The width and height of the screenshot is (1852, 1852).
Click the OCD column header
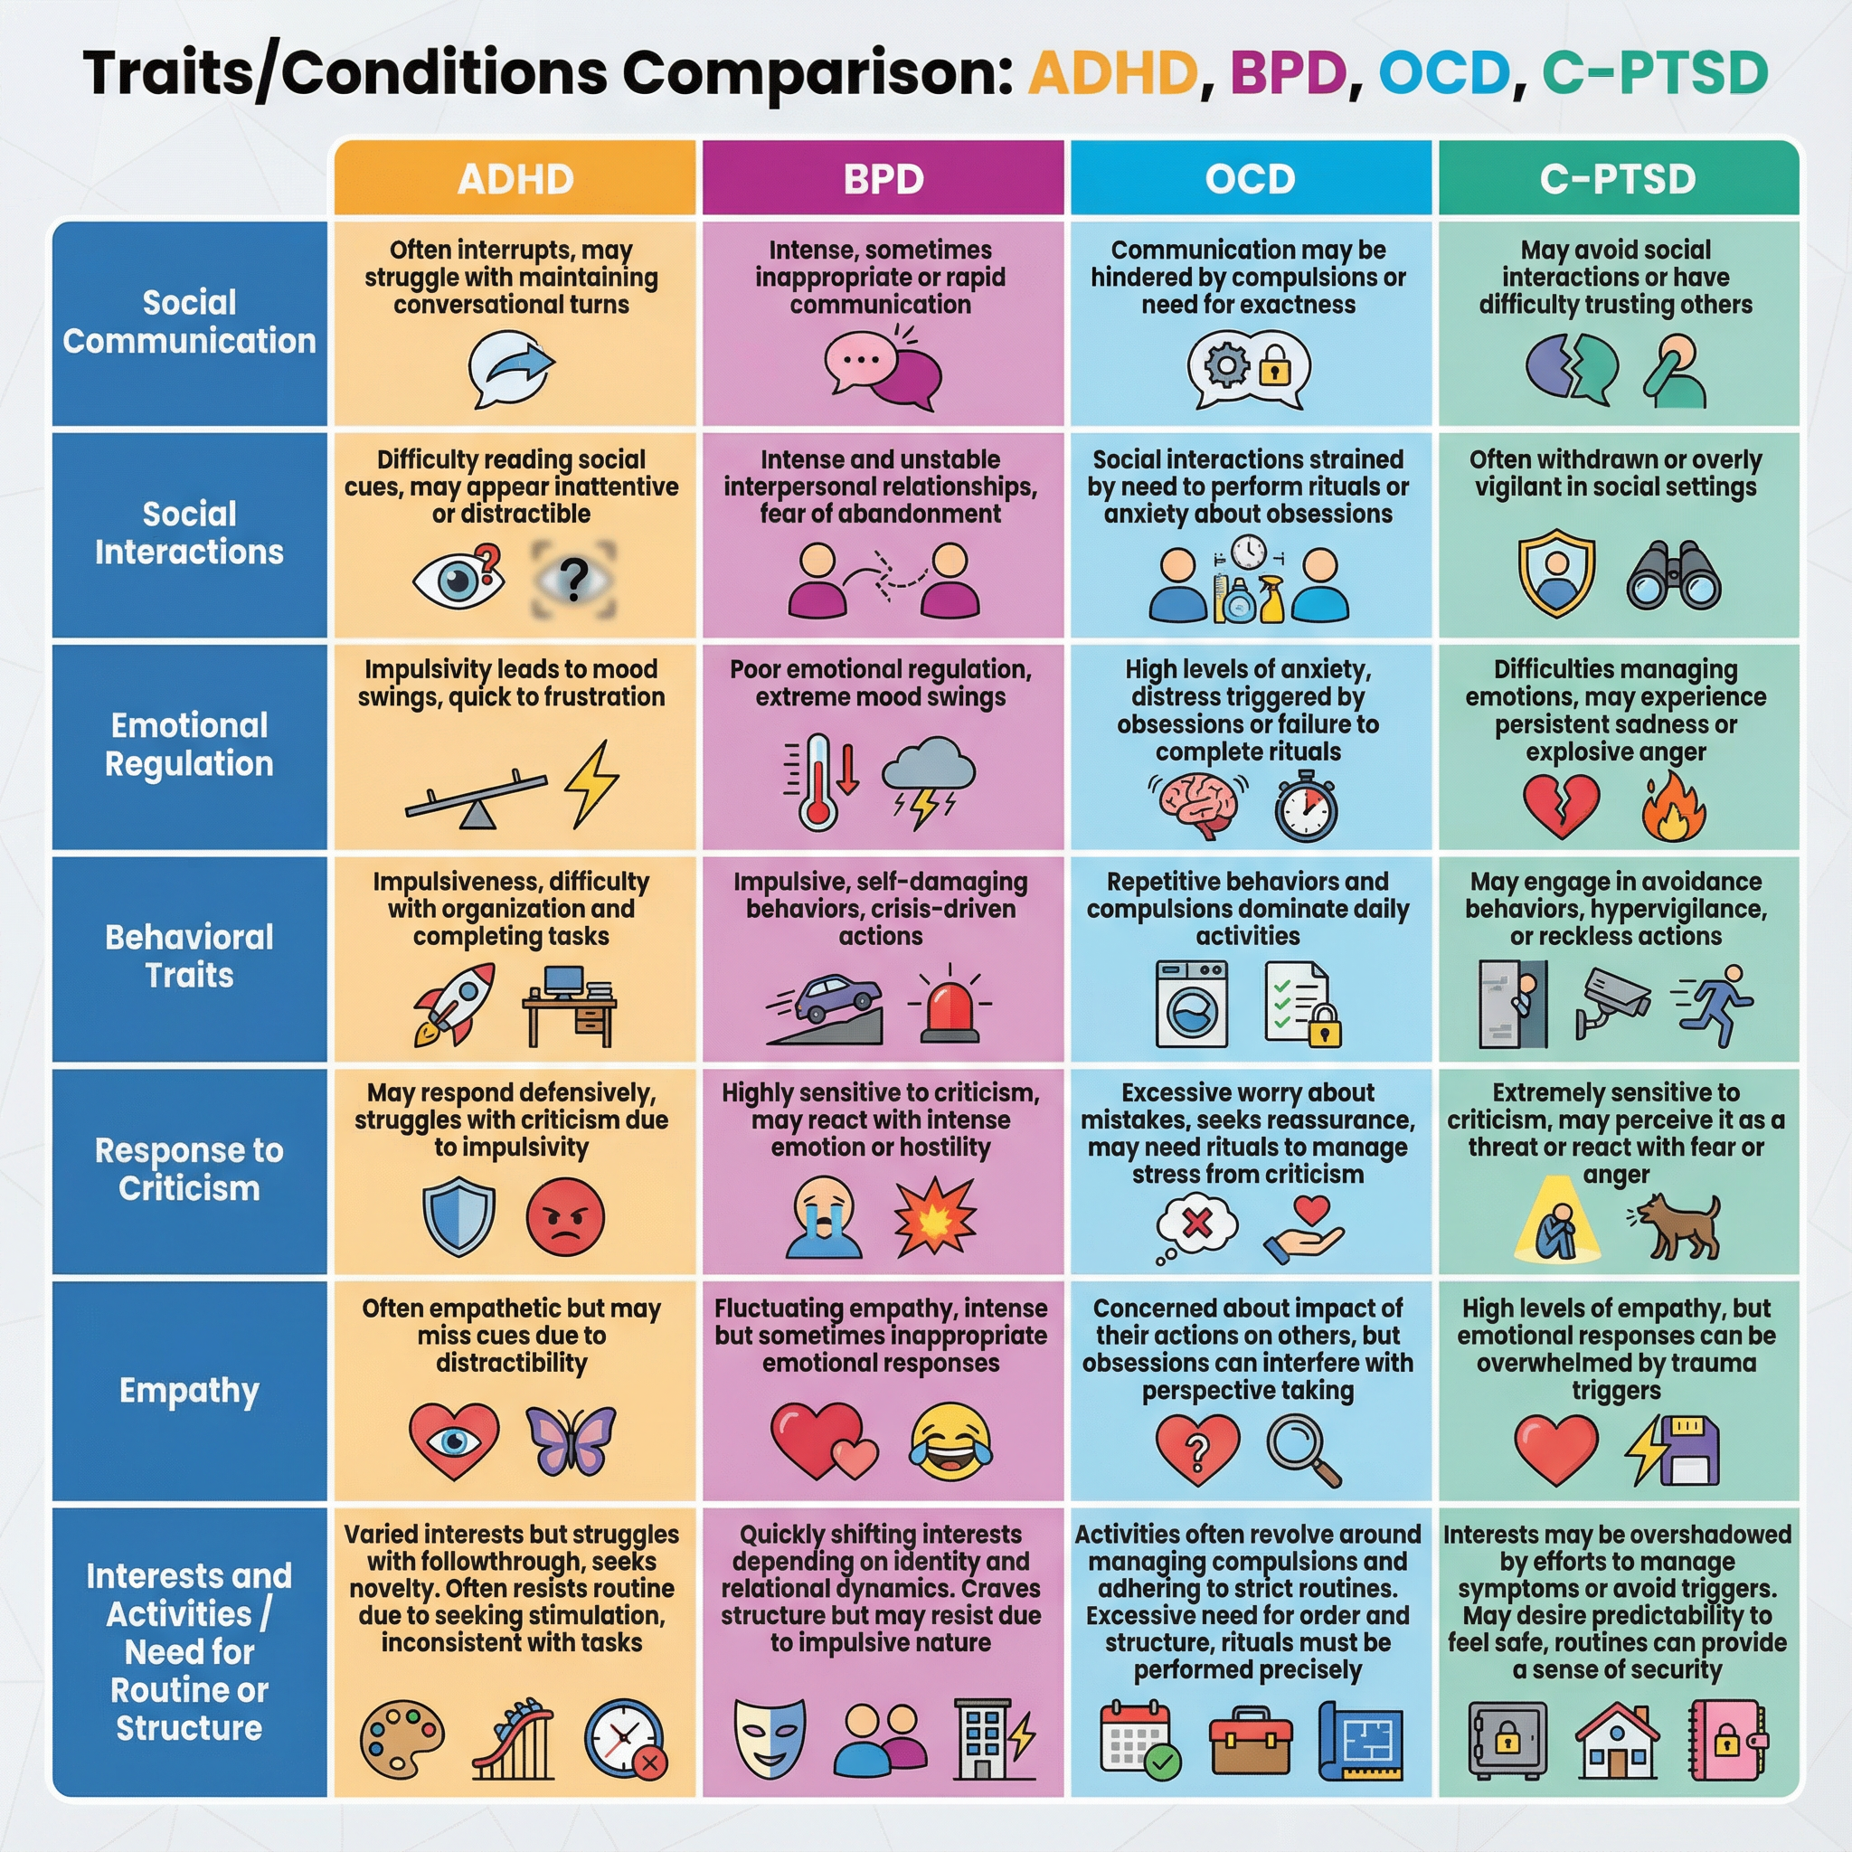pos(1250,178)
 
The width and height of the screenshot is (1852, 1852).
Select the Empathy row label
pos(189,1389)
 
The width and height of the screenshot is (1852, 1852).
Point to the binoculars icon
pos(1674,576)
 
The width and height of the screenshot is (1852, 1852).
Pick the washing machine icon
pos(1192,1004)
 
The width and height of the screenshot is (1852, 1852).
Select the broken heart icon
pos(1562,804)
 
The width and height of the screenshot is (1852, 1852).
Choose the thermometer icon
pos(817,782)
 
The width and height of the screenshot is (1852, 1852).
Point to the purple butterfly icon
pos(572,1440)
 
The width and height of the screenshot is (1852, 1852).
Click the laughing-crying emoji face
pos(950,1441)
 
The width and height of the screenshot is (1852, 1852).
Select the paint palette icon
pos(402,1740)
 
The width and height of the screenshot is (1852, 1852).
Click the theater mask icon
pos(769,1738)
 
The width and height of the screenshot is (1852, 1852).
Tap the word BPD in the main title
pos(1288,73)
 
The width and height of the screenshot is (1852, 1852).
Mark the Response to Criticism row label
pos(189,1168)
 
